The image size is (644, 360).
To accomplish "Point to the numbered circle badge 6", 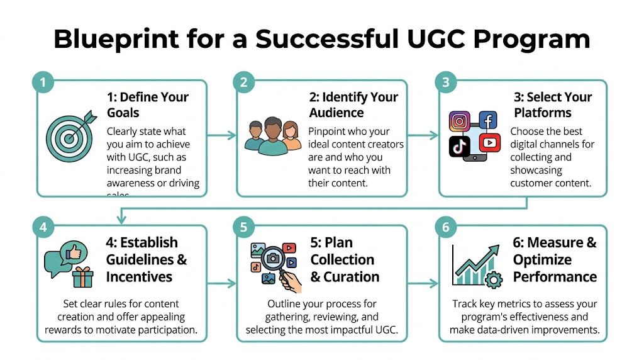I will pyautogui.click(x=446, y=227).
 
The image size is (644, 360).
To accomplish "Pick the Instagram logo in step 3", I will pyautogui.click(x=460, y=121).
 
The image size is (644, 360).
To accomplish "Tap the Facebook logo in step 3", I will pyautogui.click(x=487, y=120).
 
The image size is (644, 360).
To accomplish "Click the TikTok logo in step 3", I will pyautogui.click(x=459, y=146).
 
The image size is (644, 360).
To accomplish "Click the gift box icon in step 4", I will pyautogui.click(x=82, y=276).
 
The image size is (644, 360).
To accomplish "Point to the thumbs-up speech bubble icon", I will pyautogui.click(x=64, y=259).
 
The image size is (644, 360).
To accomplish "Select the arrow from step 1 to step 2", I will pyautogui.click(x=221, y=135).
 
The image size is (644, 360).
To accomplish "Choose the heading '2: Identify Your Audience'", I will pyautogui.click(x=353, y=105).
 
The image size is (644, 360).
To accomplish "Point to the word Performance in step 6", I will pyautogui.click(x=555, y=276).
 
